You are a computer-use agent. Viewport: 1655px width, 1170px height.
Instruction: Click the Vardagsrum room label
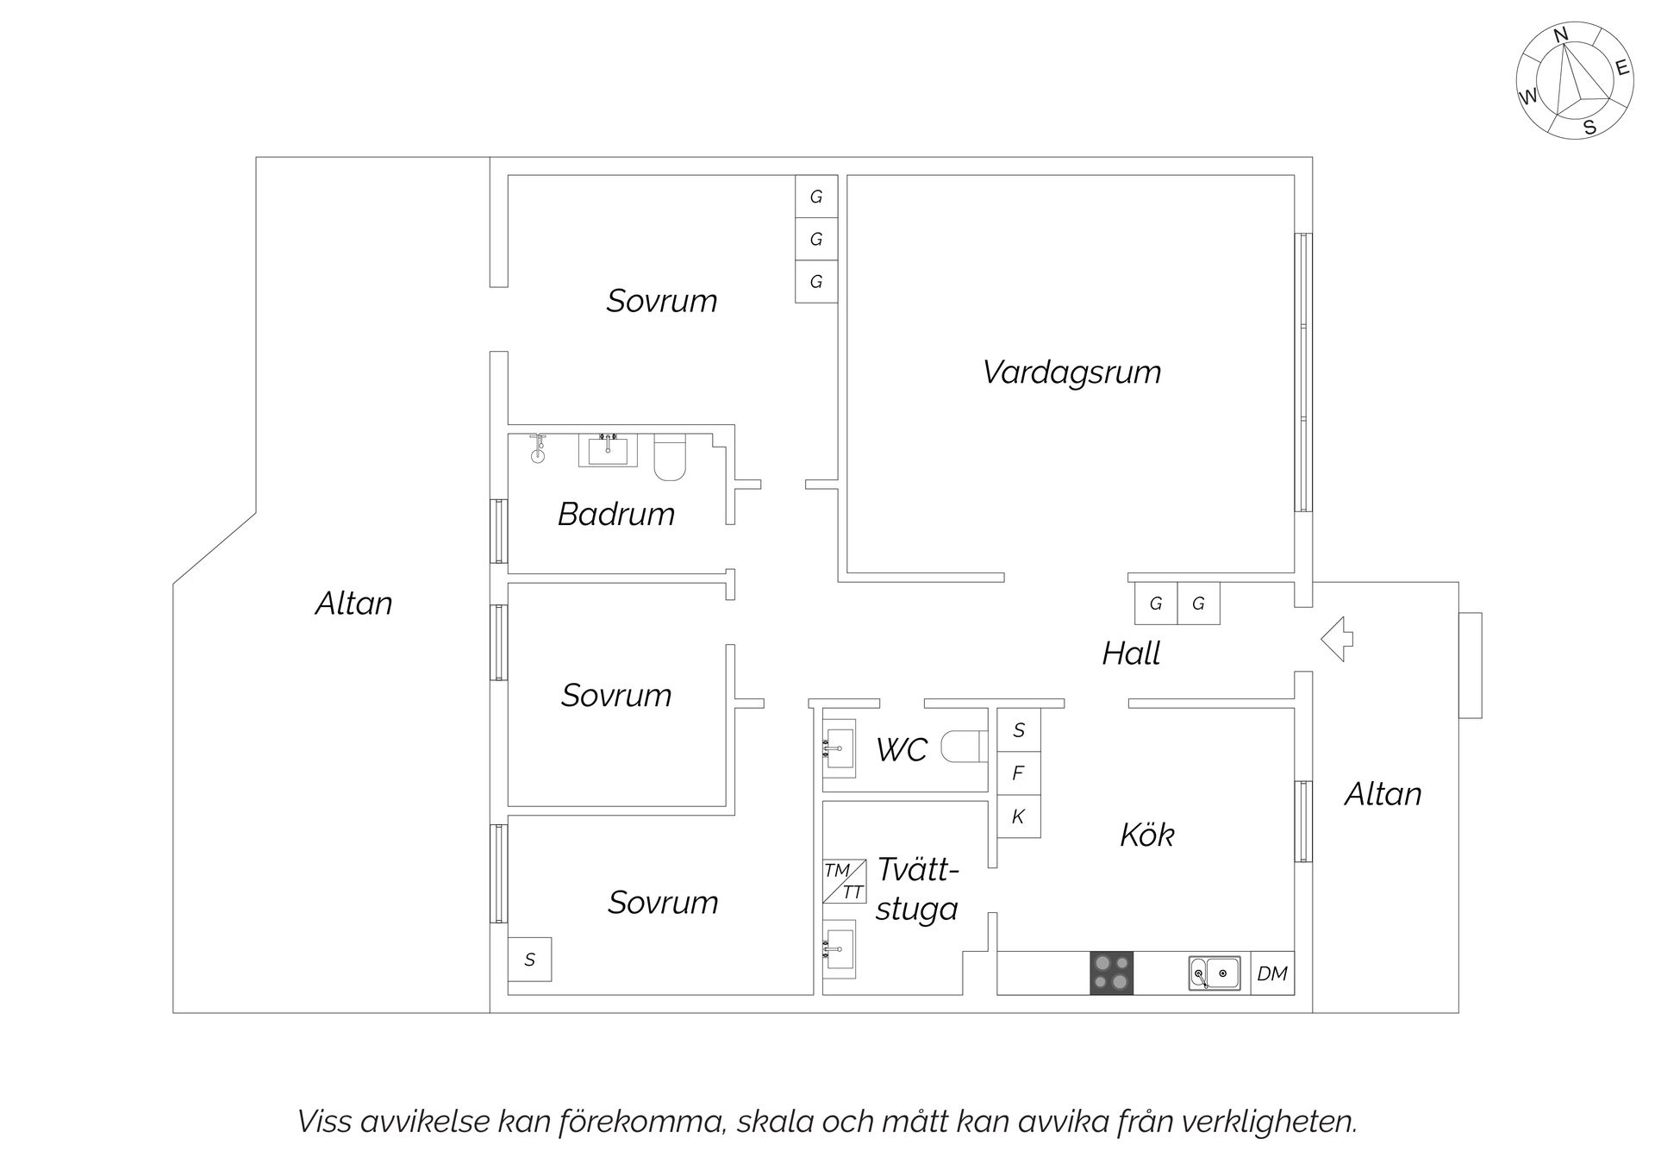pyautogui.click(x=1071, y=372)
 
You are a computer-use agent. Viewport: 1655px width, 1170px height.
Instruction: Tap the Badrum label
pyautogui.click(x=615, y=515)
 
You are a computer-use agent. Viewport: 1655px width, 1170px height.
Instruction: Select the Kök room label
pyautogui.click(x=1146, y=835)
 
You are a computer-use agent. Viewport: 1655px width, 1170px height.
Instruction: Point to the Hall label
pyautogui.click(x=1131, y=654)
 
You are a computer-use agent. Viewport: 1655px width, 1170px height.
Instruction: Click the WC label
pyautogui.click(x=902, y=750)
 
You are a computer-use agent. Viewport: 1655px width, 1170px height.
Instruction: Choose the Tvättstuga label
pyautogui.click(x=917, y=889)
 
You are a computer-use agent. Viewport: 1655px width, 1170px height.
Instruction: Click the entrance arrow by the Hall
pyautogui.click(x=1337, y=639)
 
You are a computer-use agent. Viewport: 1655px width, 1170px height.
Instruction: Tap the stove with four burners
pyautogui.click(x=1111, y=973)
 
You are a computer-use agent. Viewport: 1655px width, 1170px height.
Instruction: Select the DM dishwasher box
pyautogui.click(x=1271, y=973)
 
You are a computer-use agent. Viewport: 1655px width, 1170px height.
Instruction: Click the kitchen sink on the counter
pyautogui.click(x=1215, y=973)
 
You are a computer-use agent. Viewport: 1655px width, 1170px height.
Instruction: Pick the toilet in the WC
pyautogui.click(x=963, y=747)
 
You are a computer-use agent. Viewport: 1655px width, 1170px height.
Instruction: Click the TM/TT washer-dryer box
pyautogui.click(x=844, y=881)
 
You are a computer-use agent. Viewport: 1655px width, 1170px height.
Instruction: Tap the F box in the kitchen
pyautogui.click(x=1018, y=773)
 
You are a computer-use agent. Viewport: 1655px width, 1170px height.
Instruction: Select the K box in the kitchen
pyautogui.click(x=1018, y=816)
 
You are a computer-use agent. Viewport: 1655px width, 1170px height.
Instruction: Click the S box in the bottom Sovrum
pyautogui.click(x=529, y=960)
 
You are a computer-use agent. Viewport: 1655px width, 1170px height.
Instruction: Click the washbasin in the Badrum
pyautogui.click(x=608, y=450)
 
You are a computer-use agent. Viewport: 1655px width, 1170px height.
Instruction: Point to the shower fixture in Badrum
pyautogui.click(x=538, y=448)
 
